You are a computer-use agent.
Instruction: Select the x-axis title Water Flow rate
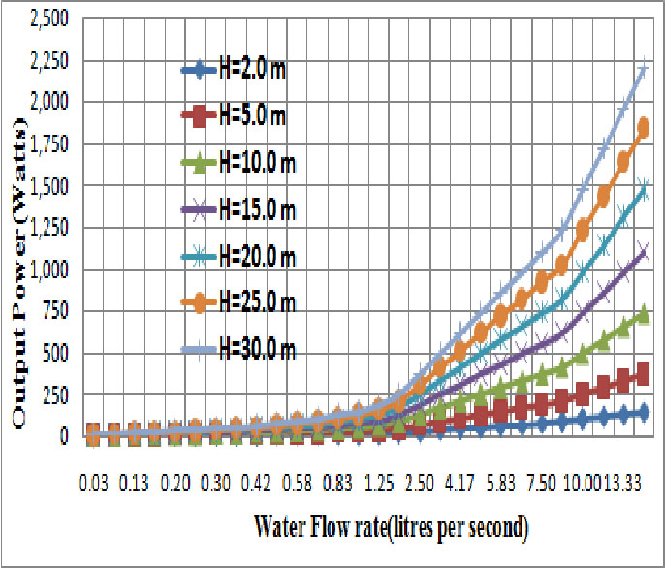391,529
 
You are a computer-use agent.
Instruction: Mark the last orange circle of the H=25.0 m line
643,127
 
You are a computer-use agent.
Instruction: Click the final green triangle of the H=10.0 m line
643,315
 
